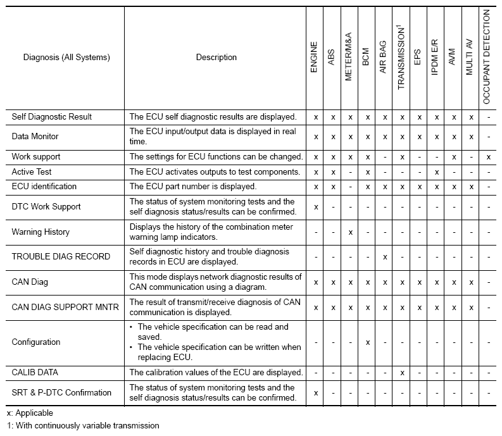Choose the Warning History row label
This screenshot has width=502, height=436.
click(41, 232)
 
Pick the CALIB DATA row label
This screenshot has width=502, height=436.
click(35, 373)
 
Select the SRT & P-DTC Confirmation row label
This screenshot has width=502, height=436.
click(61, 393)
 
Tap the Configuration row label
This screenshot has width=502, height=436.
click(36, 342)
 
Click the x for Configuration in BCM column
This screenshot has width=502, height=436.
click(367, 342)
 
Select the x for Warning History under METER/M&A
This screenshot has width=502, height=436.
click(350, 232)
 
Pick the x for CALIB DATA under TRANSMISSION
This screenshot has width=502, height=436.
click(401, 373)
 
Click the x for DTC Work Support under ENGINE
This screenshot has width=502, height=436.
click(315, 207)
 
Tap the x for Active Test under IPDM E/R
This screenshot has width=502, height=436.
click(436, 172)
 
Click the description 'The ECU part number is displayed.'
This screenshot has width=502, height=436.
click(192, 187)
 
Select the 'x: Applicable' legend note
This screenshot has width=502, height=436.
click(29, 413)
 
